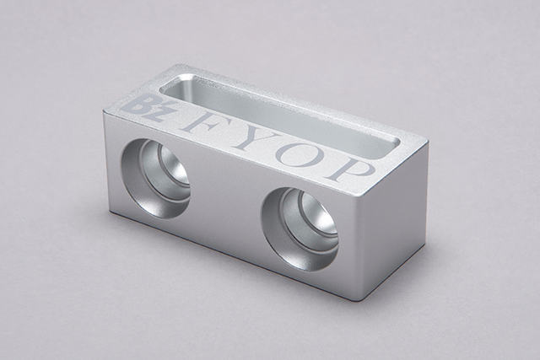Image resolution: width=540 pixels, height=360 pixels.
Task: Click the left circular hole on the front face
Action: click(155, 178)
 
